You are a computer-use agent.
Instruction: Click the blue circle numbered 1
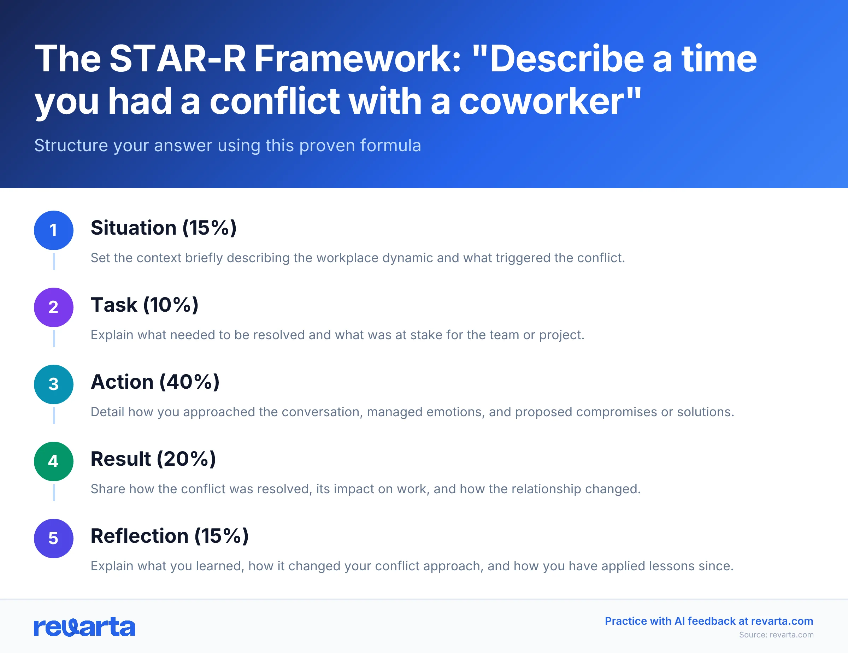pos(54,230)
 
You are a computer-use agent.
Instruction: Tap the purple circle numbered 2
pos(54,307)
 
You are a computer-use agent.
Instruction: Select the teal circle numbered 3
pos(54,384)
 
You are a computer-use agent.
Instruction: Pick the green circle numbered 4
pos(54,461)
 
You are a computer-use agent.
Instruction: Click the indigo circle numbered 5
pos(54,539)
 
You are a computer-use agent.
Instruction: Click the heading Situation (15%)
pos(164,228)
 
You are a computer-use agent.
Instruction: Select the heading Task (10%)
pos(145,305)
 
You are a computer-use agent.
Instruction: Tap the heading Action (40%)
pos(155,382)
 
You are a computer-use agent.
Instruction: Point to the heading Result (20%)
pos(153,459)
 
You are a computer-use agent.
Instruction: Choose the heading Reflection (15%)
pos(169,536)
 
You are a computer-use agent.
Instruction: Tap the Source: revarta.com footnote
pos(776,635)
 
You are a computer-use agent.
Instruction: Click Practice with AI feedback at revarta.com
pos(708,621)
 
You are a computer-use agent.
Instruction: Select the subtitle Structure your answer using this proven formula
pos(228,146)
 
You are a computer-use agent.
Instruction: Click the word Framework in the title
pos(357,59)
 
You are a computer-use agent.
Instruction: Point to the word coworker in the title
pos(542,101)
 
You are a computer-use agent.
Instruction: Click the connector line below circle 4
pos(54,492)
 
